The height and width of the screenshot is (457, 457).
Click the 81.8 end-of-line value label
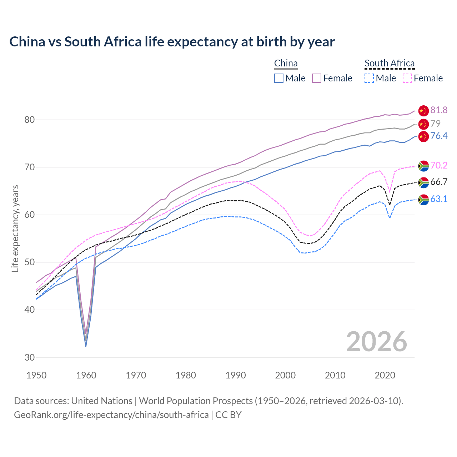tap(439, 110)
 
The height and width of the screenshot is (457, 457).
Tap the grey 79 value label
tap(436, 124)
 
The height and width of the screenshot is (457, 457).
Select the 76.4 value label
tap(439, 136)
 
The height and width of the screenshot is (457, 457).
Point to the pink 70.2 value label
tap(439, 165)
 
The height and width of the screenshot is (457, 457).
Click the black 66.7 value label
tap(439, 182)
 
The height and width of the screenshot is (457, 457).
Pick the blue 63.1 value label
tap(439, 199)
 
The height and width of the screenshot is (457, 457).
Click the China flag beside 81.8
tap(423, 111)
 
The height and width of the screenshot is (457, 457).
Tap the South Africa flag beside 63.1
tap(423, 200)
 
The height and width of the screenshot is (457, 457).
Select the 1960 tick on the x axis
tap(86, 375)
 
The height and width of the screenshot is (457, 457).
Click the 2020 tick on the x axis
tap(385, 375)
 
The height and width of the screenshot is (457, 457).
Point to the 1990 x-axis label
tap(236, 375)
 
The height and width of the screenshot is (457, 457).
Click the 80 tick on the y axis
tap(29, 120)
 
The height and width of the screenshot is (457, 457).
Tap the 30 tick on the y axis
tap(29, 357)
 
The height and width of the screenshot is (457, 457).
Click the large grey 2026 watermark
tap(376, 342)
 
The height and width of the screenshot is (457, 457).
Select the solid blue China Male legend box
tap(279, 78)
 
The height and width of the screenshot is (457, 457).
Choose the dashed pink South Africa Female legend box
tap(407, 78)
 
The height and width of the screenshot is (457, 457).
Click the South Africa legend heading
tap(390, 64)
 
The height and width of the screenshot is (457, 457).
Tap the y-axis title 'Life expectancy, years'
tap(15, 228)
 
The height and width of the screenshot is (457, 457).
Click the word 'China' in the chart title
tap(27, 42)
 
